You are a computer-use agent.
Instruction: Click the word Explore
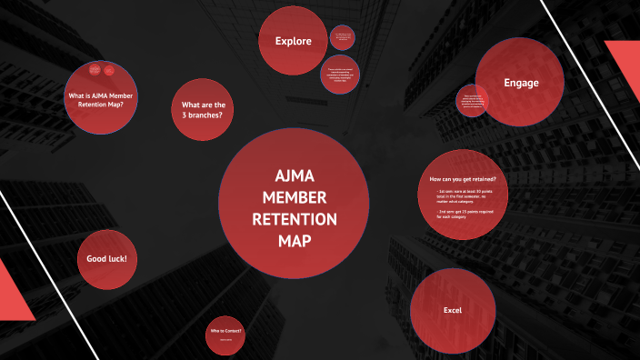294,41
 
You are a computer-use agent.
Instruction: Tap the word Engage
521,84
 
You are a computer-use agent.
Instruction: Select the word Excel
453,311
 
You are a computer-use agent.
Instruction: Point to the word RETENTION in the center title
295,219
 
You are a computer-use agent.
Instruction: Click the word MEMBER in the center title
295,197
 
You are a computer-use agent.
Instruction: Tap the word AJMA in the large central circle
295,176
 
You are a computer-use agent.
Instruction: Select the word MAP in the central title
295,241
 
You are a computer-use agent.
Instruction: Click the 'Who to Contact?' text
226,331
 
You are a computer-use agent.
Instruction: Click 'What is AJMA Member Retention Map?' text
95,100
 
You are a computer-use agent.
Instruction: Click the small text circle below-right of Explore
340,74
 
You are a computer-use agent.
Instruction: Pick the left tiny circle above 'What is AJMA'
94,70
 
